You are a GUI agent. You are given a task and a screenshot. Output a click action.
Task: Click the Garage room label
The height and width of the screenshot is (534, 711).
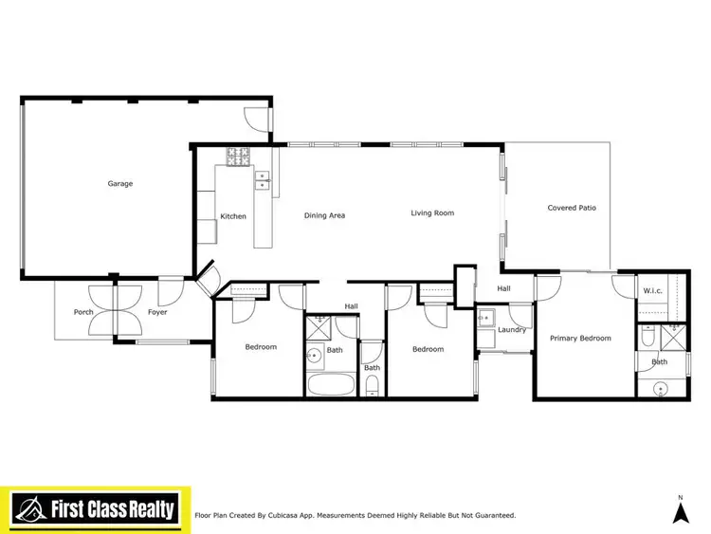pyautogui.click(x=119, y=183)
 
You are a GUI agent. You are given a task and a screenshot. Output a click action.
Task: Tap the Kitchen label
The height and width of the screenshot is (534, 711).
pyautogui.click(x=233, y=216)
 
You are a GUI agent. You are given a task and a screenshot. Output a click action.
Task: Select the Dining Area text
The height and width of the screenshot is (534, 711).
pyautogui.click(x=324, y=215)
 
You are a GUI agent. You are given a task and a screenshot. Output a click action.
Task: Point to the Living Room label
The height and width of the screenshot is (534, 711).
pyautogui.click(x=432, y=213)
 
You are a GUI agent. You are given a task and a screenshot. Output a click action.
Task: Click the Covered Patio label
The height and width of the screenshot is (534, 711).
pyautogui.click(x=572, y=208)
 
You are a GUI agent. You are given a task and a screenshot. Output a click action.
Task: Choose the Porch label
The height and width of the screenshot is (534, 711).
pyautogui.click(x=83, y=312)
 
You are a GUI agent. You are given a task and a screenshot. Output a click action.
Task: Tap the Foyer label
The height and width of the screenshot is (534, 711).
pyautogui.click(x=157, y=312)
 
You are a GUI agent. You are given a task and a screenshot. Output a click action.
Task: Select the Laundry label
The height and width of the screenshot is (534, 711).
pyautogui.click(x=512, y=330)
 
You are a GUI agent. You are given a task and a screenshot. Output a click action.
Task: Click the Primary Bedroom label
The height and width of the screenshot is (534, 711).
pyautogui.click(x=581, y=338)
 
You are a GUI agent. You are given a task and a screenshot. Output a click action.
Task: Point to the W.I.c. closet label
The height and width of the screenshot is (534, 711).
pyautogui.click(x=652, y=290)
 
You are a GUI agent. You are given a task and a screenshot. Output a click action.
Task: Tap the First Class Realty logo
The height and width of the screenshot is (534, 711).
pyautogui.click(x=95, y=509)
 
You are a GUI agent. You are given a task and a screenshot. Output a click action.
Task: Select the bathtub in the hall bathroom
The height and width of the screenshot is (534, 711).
pyautogui.click(x=330, y=385)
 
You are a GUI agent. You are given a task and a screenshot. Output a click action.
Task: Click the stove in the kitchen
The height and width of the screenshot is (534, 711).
pyautogui.click(x=236, y=154)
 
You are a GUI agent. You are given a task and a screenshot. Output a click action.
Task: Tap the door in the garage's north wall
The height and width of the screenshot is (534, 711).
pyautogui.click(x=256, y=117)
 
